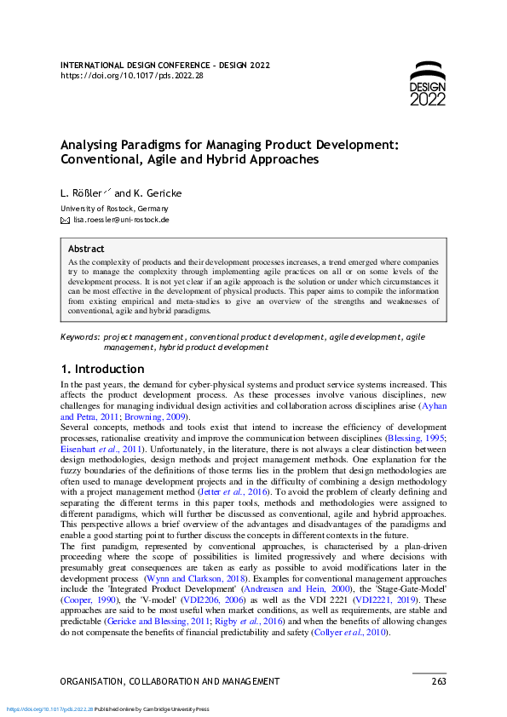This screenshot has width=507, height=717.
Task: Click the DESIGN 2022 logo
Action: [427, 83]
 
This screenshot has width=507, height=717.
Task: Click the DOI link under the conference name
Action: [133, 76]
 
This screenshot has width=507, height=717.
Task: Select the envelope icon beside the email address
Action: [65, 220]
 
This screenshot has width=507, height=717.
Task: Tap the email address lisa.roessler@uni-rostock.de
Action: [121, 220]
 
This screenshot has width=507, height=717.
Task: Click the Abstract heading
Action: [86, 248]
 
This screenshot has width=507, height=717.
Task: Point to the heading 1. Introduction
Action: [102, 370]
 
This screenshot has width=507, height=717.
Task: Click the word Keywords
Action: [80, 338]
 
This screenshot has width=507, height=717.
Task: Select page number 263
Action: [438, 681]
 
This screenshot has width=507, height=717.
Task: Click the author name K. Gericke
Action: [158, 193]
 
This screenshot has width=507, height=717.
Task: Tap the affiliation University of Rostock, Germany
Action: [114, 209]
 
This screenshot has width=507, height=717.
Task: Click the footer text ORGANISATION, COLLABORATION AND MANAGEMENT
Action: [170, 681]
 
